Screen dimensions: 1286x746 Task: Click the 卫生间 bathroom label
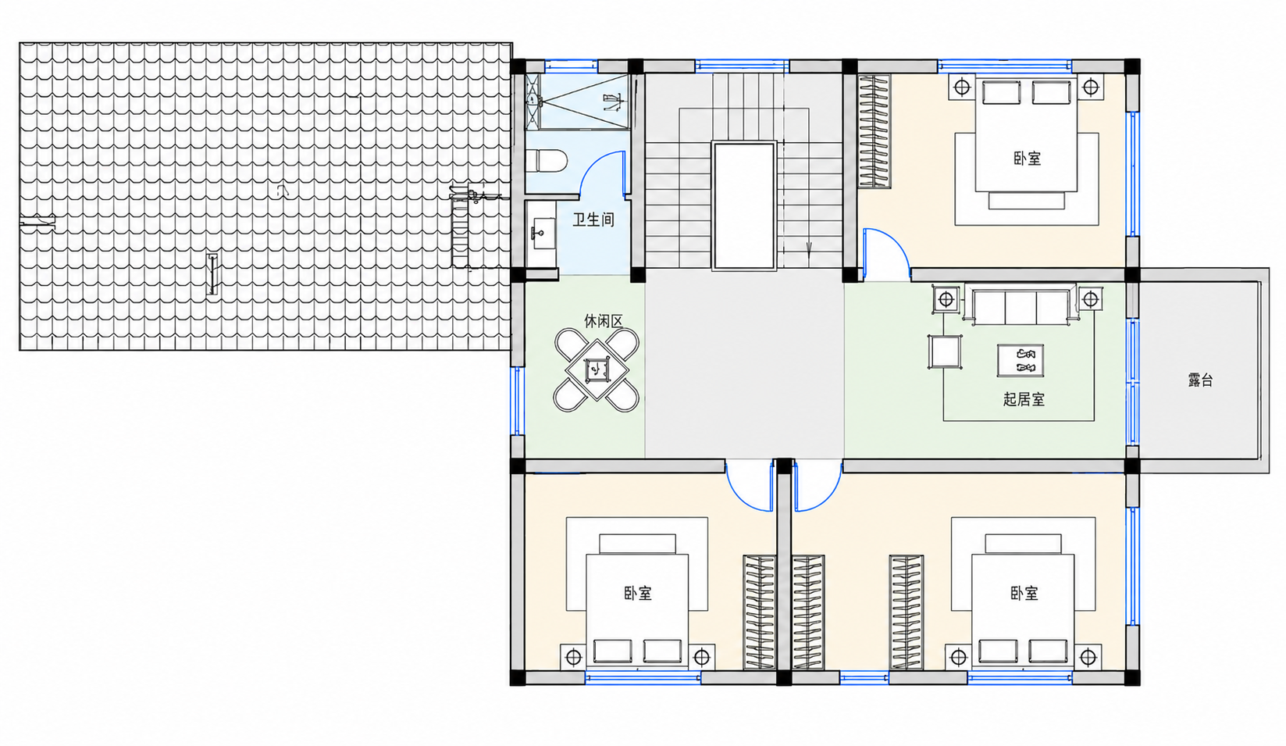593,220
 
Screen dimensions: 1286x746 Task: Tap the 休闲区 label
604,321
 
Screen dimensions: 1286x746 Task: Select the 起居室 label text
1024,399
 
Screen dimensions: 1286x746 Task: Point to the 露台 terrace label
1200,380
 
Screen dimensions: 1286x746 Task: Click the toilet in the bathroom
547,161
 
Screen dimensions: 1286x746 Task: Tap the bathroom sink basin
543,234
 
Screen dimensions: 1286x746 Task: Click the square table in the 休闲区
597,369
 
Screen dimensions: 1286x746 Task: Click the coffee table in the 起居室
1021,361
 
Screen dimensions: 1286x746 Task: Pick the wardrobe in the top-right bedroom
875,131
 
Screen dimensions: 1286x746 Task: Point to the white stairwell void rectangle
744,205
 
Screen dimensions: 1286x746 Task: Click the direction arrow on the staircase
809,249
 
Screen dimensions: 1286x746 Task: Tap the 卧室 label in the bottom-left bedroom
638,593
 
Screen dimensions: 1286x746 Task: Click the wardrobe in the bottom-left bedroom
760,612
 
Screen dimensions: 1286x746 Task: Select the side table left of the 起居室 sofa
946,299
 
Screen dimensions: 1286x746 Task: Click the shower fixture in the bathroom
614,102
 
